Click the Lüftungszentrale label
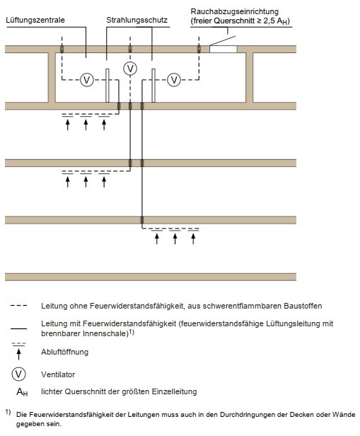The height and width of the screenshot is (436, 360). point(35,20)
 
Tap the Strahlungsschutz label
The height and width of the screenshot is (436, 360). point(137,20)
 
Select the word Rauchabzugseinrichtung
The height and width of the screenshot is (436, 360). point(234,11)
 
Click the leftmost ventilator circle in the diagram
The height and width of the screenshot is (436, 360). point(87,80)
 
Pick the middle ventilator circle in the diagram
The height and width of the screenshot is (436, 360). point(130,69)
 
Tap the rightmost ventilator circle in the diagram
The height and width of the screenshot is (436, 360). point(174,80)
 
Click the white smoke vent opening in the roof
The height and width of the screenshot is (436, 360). point(223,50)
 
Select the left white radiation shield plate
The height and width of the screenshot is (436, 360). point(108,86)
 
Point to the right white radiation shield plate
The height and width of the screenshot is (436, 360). point(153,86)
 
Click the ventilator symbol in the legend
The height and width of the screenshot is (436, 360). point(18,374)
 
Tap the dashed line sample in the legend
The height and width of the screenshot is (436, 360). point(18,306)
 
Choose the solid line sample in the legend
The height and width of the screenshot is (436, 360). point(18,328)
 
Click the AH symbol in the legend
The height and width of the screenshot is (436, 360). point(22,392)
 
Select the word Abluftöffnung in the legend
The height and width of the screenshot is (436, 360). point(65,352)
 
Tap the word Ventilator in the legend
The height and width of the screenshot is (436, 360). point(58,374)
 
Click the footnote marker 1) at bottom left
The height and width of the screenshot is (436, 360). point(8,412)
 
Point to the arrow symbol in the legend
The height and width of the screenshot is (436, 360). point(18,354)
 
